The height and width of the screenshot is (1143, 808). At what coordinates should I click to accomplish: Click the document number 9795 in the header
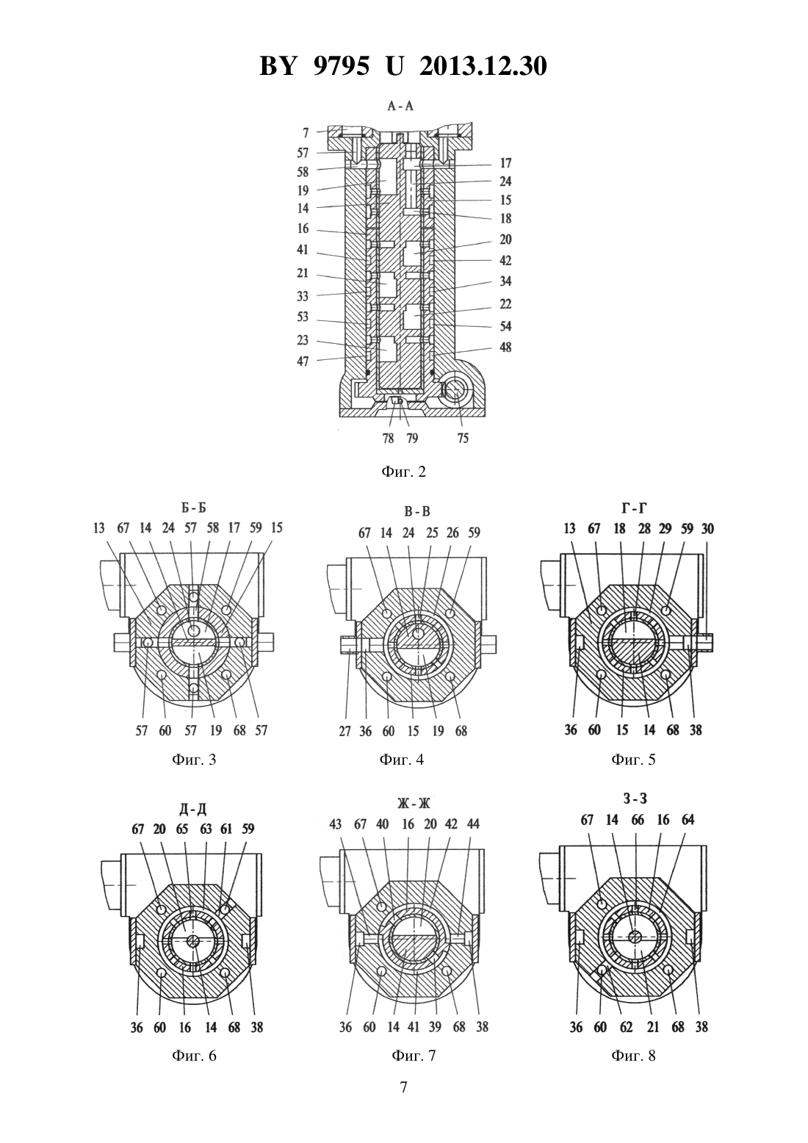pos(340,66)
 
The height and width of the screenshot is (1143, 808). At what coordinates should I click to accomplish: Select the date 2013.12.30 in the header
pos(483,66)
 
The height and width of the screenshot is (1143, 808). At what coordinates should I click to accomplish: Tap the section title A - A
pos(400,106)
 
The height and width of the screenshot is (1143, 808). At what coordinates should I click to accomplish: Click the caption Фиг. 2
pos(403,472)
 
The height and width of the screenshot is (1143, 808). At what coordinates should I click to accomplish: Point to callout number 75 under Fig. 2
pos(463,439)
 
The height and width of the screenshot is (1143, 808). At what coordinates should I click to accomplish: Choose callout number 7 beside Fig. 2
pos(306,133)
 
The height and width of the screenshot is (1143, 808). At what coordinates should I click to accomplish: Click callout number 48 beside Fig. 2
pos(505,347)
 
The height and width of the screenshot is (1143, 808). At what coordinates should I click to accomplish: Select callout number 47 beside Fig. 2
pos(303,361)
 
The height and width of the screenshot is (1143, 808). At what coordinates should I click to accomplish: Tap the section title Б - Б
pos(193,508)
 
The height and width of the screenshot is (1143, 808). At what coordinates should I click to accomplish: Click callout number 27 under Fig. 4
pos(345,731)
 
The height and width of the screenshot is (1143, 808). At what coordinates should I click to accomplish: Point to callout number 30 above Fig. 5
pos(707,529)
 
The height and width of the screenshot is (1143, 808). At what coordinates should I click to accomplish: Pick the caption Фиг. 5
pos(633,760)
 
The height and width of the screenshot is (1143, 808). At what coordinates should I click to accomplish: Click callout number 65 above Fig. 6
pos(182,829)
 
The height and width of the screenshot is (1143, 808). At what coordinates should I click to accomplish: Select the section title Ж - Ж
pos(414,804)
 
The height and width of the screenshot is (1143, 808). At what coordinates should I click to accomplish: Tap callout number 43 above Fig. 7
pos(335,824)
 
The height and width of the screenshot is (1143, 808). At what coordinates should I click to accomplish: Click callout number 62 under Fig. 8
pos(627,1027)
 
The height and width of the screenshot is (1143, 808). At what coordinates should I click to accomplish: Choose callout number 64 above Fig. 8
pos(688,820)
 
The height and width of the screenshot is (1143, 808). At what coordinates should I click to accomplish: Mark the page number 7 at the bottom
pos(403,1087)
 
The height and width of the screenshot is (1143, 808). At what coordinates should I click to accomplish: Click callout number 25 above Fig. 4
pos(432,533)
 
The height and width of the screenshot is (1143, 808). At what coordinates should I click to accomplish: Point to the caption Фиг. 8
pos(633,1056)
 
